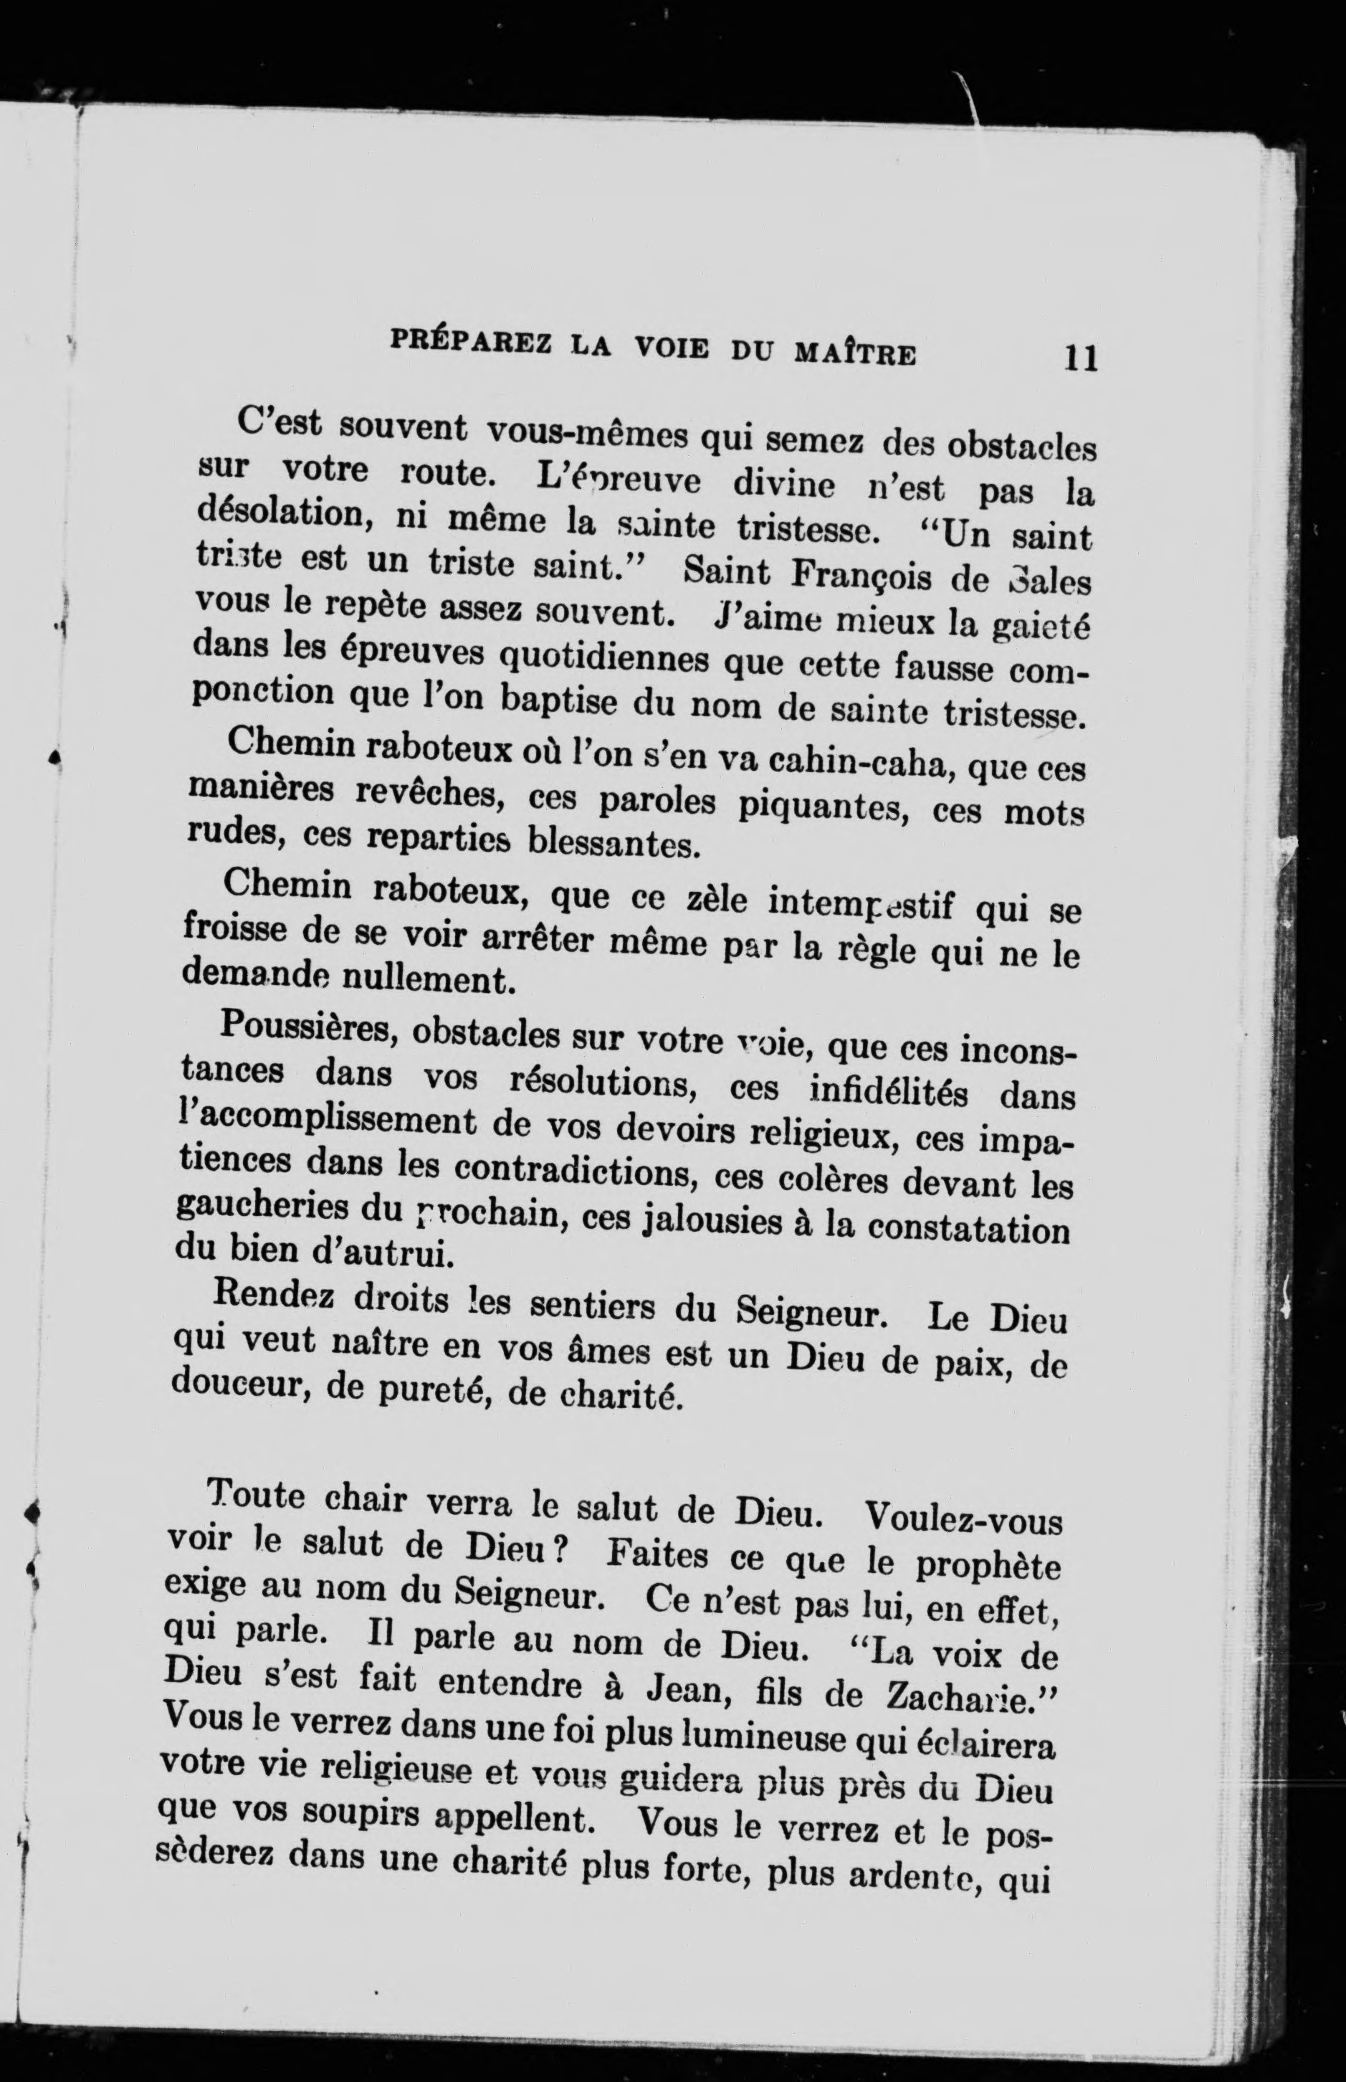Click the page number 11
(x=1079, y=358)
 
